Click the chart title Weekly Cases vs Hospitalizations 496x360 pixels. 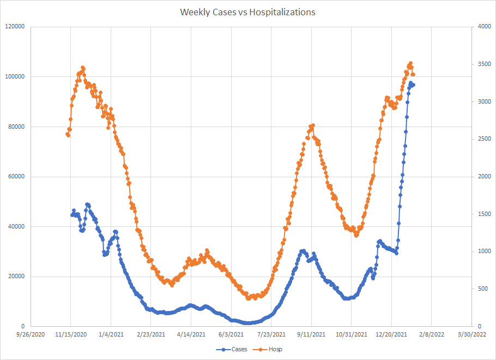coord(247,12)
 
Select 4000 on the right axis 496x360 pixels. coord(482,27)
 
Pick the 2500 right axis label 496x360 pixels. coord(482,139)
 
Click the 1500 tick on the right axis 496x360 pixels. coord(482,214)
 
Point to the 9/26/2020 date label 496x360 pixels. coord(31,334)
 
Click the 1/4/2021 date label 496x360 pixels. coord(111,334)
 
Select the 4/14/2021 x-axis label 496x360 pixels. coord(191,334)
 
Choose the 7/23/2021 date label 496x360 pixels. coord(271,334)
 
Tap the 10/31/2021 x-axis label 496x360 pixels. coord(351,334)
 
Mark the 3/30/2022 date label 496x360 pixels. coord(471,334)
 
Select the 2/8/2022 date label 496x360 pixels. coord(432,334)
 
